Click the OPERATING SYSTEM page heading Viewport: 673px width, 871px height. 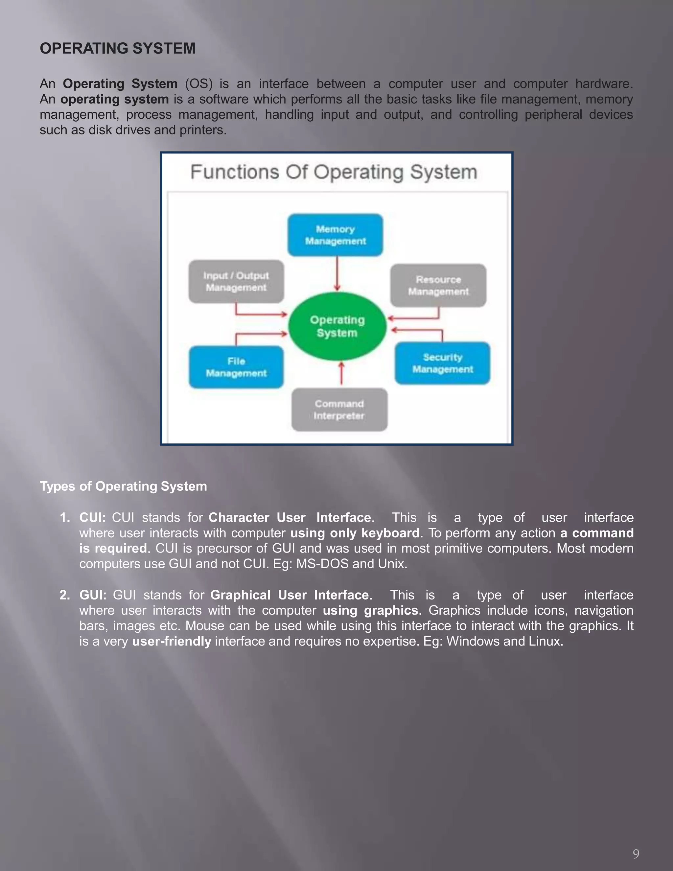(118, 49)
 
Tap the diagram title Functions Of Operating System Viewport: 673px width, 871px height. (334, 172)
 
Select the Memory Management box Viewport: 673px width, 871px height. (335, 235)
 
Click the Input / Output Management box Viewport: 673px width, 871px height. (236, 282)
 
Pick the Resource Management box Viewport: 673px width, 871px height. (438, 286)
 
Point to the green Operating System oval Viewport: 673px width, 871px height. (337, 326)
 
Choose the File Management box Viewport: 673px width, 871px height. (236, 367)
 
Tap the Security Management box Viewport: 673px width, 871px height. (443, 363)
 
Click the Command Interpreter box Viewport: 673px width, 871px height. (339, 410)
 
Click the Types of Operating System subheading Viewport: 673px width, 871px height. (123, 486)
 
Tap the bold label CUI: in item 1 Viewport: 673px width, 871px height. (92, 518)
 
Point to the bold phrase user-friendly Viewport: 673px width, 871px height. (172, 641)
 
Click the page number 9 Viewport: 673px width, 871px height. (636, 854)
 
